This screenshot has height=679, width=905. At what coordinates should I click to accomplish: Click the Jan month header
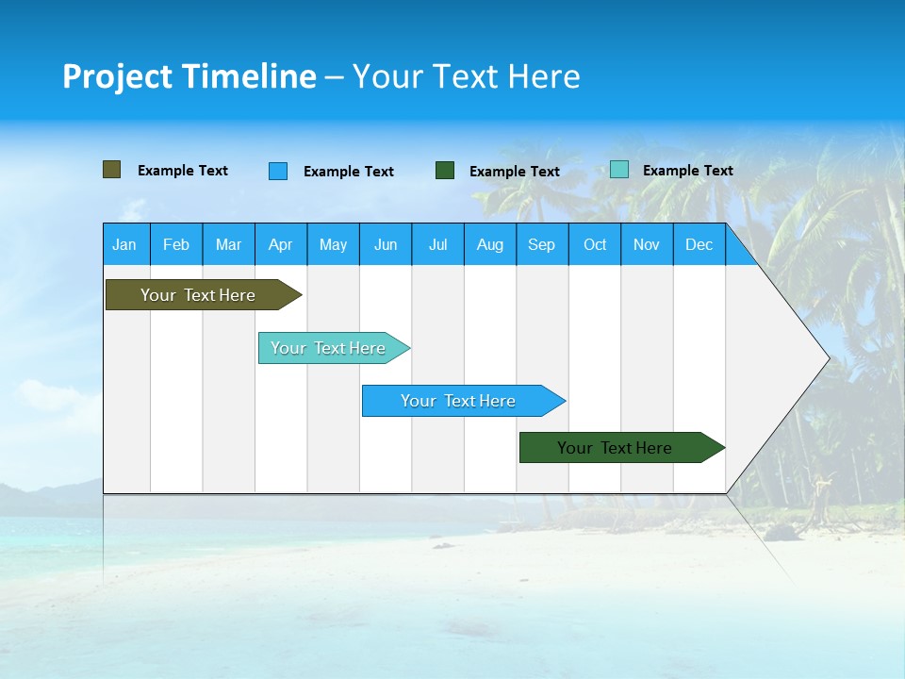point(125,244)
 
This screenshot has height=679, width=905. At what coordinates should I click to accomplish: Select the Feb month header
point(176,244)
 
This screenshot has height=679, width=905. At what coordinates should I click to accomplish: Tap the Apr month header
point(281,244)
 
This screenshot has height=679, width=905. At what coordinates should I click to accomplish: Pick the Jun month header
point(386,244)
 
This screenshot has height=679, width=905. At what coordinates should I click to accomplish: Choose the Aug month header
point(490,244)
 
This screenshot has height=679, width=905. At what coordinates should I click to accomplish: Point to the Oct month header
point(595,244)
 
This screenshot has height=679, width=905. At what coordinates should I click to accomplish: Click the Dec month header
point(699,244)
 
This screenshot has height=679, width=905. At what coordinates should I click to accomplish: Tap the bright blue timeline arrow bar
point(459,401)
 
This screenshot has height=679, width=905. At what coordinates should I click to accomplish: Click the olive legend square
point(111,170)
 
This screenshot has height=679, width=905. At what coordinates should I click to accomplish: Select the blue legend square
point(278,171)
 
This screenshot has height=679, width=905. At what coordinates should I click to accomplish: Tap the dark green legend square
point(445,171)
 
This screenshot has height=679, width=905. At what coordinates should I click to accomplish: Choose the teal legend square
point(618,170)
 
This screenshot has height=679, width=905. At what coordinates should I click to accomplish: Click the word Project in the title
point(117,76)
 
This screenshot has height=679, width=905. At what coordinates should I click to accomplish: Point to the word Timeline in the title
point(248,76)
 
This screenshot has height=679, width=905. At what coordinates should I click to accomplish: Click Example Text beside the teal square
point(687,171)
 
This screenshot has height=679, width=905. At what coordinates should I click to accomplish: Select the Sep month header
point(542,244)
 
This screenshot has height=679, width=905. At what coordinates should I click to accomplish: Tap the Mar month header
point(228,244)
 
